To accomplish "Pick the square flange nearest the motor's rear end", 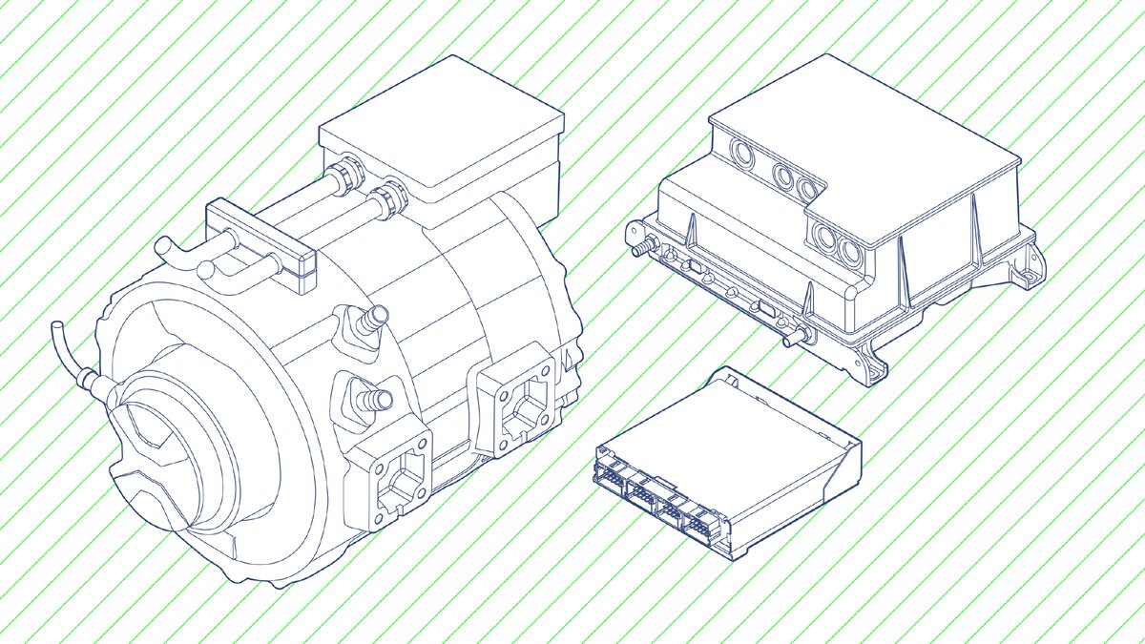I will click(x=515, y=401).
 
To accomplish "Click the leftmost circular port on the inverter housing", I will click(x=739, y=152).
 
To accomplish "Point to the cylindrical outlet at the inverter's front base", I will click(x=792, y=336).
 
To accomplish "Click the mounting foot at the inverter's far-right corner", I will click(x=1029, y=270).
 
